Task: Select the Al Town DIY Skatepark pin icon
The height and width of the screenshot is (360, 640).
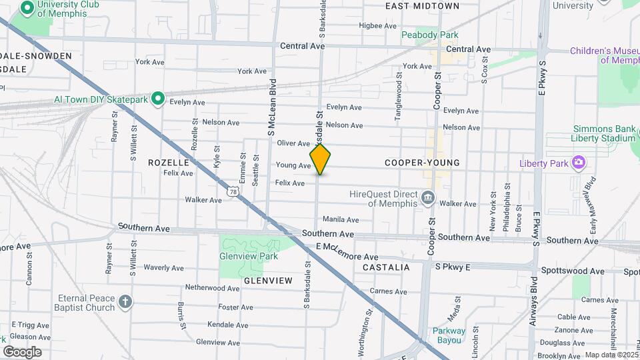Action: [158, 99]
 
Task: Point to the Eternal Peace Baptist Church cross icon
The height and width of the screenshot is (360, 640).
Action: [125, 302]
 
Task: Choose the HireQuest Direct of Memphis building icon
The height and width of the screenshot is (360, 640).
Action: [427, 198]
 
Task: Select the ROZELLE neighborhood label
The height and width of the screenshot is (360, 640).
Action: [169, 162]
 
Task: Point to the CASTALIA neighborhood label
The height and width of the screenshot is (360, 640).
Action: [386, 267]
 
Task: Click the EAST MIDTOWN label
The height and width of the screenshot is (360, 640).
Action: [422, 6]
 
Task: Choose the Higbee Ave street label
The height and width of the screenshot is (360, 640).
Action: [378, 26]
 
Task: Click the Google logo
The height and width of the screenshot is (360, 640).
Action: [22, 352]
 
